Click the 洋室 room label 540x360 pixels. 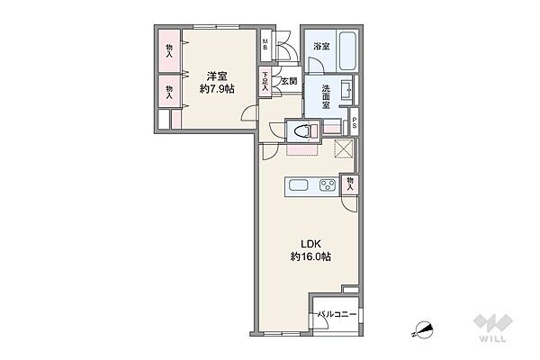(x=217, y=76)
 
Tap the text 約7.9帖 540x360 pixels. (x=217, y=90)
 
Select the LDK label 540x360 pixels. (x=311, y=244)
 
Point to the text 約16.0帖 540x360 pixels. (x=311, y=257)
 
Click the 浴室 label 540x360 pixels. (x=321, y=47)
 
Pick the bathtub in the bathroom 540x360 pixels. (x=347, y=51)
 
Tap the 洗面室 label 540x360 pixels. (x=326, y=97)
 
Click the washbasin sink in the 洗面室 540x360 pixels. (x=346, y=90)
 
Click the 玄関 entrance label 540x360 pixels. (x=289, y=82)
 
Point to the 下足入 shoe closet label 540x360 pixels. (x=265, y=82)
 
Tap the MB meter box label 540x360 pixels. (x=265, y=45)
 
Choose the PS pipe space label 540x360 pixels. (x=354, y=123)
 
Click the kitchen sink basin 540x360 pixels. (x=298, y=185)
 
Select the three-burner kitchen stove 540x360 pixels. (x=328, y=185)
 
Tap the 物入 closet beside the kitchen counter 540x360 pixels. (x=350, y=184)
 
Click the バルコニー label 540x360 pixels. (x=337, y=314)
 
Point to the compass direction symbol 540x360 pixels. (x=423, y=328)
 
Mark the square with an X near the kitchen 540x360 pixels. (x=344, y=148)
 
